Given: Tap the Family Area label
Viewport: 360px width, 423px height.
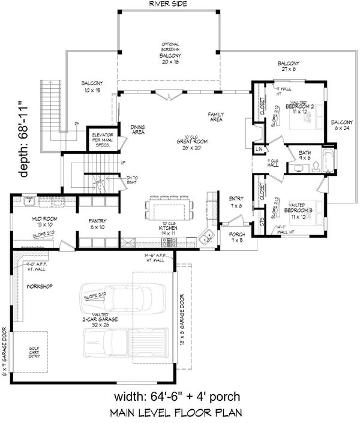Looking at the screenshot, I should pyautogui.click(x=215, y=116).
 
